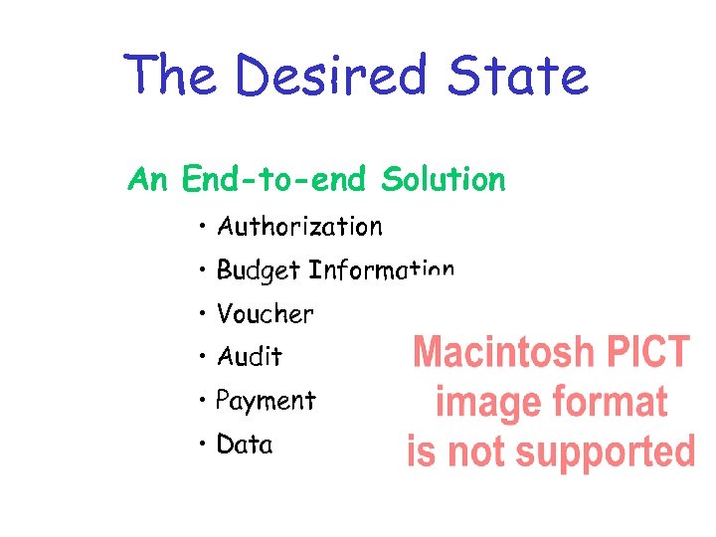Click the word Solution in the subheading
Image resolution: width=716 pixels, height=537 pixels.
pos(443,180)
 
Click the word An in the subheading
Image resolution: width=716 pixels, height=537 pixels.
pos(148,180)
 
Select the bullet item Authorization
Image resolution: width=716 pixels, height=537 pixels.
pos(299,227)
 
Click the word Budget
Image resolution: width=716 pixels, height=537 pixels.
pos(259,270)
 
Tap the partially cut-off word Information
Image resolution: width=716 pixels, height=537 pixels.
pos(382,270)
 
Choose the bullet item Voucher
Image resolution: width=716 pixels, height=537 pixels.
pos(265,314)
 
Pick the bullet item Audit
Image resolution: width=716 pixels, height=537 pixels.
pos(250,356)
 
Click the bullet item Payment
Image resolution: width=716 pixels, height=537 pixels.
pos(266,401)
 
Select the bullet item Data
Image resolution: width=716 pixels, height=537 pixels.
pos(245,445)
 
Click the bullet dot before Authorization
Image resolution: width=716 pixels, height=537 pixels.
pos(202,227)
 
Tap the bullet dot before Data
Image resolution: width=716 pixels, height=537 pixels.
pos(202,444)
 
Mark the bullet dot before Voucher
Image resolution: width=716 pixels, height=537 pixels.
pos(202,313)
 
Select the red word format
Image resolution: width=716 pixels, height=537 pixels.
pos(607,403)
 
